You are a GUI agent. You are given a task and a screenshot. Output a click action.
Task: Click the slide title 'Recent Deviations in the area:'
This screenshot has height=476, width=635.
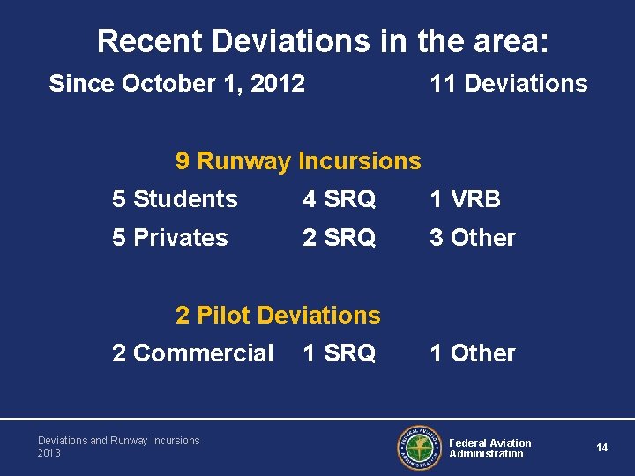pyautogui.click(x=323, y=41)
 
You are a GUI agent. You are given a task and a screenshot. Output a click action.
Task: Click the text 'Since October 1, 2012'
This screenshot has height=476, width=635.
pyautogui.click(x=176, y=84)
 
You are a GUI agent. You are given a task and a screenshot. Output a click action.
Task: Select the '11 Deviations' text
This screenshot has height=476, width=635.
pyautogui.click(x=508, y=84)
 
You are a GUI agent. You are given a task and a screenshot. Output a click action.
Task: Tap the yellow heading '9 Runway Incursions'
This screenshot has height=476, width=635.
pyautogui.click(x=298, y=160)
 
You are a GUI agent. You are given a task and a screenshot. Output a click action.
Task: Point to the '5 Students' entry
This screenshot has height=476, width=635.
pyautogui.click(x=175, y=199)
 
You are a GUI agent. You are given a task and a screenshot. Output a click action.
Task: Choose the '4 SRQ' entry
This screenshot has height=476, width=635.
pyautogui.click(x=339, y=199)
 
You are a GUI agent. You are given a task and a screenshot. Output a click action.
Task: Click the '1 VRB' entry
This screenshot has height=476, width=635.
pyautogui.click(x=465, y=199)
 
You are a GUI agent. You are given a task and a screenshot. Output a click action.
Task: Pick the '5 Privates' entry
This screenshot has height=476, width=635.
pyautogui.click(x=169, y=238)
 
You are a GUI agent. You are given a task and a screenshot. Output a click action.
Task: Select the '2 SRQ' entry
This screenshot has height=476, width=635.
pyautogui.click(x=339, y=238)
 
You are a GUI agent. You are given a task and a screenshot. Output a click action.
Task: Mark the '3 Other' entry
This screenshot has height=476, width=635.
pyautogui.click(x=472, y=238)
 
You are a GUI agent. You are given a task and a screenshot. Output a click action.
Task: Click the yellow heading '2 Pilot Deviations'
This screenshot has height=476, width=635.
pyautogui.click(x=278, y=315)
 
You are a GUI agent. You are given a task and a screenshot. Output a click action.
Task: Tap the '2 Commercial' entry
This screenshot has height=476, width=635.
pyautogui.click(x=192, y=353)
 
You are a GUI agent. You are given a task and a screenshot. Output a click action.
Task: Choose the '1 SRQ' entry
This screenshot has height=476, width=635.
pyautogui.click(x=339, y=353)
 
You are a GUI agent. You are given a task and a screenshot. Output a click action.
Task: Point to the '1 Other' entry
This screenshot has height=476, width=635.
pyautogui.click(x=472, y=353)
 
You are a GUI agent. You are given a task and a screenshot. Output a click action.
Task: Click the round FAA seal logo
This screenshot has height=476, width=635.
pyautogui.click(x=418, y=448)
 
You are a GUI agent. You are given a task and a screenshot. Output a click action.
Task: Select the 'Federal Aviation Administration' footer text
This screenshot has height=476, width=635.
pyautogui.click(x=490, y=448)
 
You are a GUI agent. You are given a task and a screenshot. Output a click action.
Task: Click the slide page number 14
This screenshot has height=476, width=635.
pyautogui.click(x=601, y=448)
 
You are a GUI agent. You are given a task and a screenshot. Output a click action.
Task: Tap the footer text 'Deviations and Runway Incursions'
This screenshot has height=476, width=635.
pyautogui.click(x=118, y=441)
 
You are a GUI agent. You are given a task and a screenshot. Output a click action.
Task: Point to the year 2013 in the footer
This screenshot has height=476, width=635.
pyautogui.click(x=49, y=453)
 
